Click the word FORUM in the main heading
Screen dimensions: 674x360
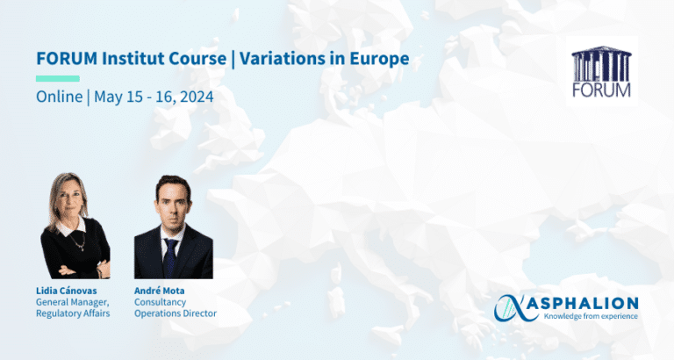pos(67,59)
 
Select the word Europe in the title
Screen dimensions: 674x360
pos(379,59)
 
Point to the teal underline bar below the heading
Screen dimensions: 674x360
pos(58,79)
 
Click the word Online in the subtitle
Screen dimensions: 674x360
pos(60,97)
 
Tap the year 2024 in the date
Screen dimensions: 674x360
pos(197,97)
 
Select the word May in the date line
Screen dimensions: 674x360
pos(108,97)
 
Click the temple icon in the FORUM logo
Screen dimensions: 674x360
pos(601,63)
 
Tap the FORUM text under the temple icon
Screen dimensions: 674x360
pos(601,90)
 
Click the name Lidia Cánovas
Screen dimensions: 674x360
pos(66,291)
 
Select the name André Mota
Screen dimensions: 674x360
pos(159,291)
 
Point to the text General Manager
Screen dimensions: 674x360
pos(72,302)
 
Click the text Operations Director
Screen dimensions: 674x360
pos(176,313)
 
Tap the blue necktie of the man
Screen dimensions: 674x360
pos(170,258)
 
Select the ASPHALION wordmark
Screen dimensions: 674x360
pos(583,303)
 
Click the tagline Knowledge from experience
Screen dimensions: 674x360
pos(591,316)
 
